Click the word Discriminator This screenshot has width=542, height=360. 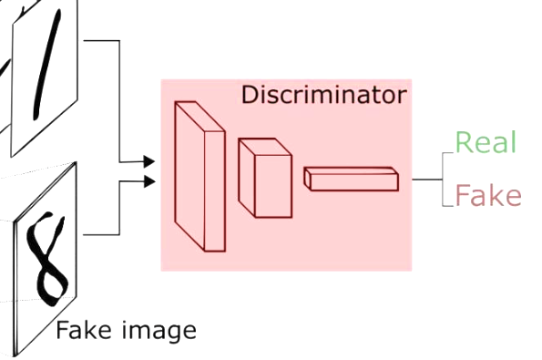click(x=324, y=95)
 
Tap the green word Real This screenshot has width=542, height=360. click(x=486, y=142)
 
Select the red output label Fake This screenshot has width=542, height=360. click(x=488, y=195)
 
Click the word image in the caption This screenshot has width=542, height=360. click(x=159, y=332)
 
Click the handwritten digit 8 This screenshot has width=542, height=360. click(x=46, y=259)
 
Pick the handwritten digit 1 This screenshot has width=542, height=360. click(x=47, y=65)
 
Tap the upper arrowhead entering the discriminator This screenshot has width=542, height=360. click(x=149, y=161)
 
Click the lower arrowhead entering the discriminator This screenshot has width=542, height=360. click(x=149, y=181)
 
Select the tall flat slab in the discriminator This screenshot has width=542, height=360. click(x=200, y=177)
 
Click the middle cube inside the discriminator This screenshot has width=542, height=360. click(x=265, y=178)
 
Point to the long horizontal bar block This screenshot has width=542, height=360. click(x=352, y=179)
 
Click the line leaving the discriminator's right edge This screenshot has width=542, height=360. click(x=427, y=180)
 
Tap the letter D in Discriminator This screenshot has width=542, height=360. click(x=250, y=95)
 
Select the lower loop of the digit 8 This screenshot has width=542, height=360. click(x=52, y=282)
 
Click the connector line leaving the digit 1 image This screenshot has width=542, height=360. click(x=119, y=100)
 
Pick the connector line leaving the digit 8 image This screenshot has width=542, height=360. click(x=119, y=208)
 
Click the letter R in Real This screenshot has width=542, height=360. click(x=464, y=142)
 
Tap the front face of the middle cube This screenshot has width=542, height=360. click(x=273, y=187)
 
